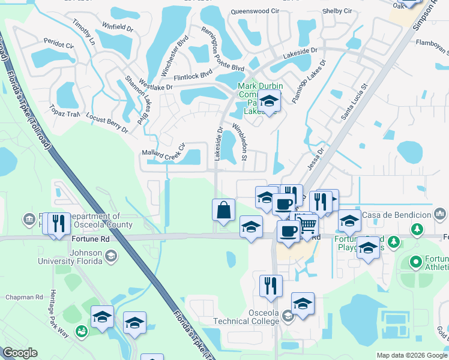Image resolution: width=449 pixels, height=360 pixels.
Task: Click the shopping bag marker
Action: click(x=223, y=211)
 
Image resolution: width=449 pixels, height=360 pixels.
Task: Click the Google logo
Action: click(x=20, y=353)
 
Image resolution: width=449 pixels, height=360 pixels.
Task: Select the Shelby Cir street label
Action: click(x=337, y=11)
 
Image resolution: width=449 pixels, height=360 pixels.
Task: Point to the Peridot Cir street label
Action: click(x=58, y=44)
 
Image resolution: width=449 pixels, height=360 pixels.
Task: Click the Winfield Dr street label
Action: click(x=118, y=28)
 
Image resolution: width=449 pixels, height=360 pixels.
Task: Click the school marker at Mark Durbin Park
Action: click(x=270, y=102)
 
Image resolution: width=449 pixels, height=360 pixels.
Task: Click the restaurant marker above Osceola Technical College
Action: click(x=271, y=285)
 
